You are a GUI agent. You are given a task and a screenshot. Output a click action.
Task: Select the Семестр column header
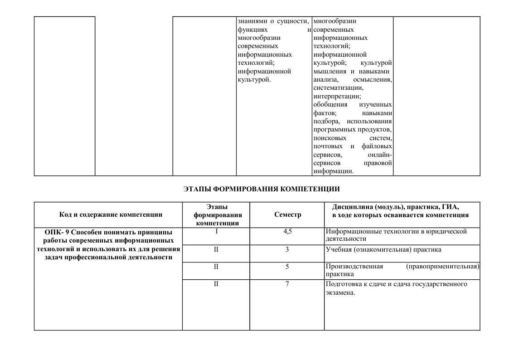click(x=287, y=215)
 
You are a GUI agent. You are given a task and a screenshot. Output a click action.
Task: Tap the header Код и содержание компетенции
click(x=111, y=215)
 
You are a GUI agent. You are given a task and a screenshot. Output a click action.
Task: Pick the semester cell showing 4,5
click(x=287, y=231)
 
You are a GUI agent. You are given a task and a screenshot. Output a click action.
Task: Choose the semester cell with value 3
click(x=287, y=249)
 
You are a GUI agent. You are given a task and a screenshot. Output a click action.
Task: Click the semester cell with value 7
click(x=287, y=284)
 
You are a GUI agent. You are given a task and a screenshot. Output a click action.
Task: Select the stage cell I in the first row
click(x=216, y=231)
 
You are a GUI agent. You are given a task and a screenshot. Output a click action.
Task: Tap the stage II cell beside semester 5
click(x=216, y=267)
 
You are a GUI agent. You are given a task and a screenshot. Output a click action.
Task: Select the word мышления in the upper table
click(x=329, y=71)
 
